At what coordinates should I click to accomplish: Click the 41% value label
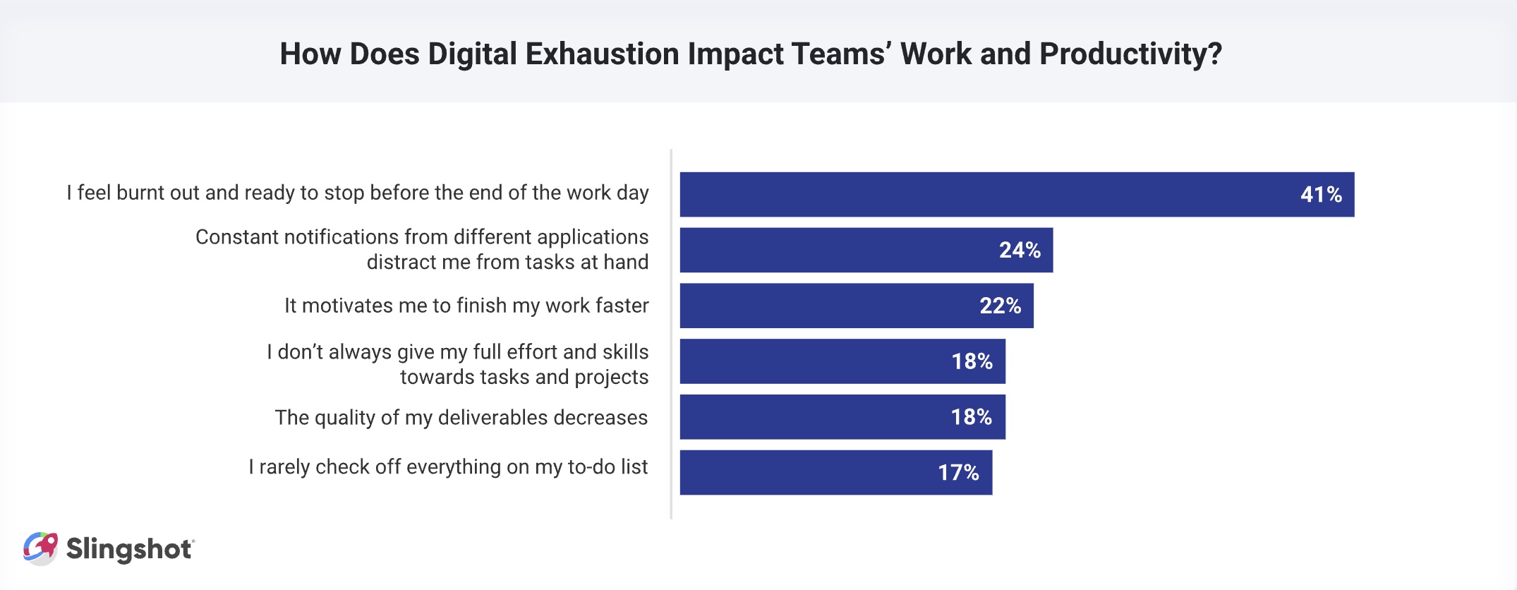1321,195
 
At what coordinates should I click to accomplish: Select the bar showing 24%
866,250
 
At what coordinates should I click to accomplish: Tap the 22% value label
1000,306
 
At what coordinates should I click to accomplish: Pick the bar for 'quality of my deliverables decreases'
842,417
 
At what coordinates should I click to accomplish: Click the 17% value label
957,473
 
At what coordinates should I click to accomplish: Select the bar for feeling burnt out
1016,195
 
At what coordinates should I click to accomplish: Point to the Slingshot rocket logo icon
40,548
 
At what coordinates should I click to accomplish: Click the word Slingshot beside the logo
129,549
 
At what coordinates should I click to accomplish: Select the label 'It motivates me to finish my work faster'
466,306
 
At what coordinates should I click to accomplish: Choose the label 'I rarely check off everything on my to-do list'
448,467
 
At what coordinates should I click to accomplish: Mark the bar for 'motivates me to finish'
856,306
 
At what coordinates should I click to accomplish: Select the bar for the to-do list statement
835,473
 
